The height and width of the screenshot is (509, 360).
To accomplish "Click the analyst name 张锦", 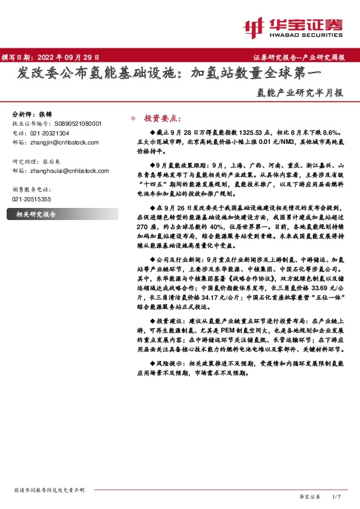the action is click(x=45, y=114).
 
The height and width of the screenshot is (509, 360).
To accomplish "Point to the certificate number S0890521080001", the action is click(x=80, y=123).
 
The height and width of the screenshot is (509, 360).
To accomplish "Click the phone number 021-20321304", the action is click(x=49, y=133).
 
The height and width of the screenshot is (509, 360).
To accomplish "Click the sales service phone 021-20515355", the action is click(x=31, y=199).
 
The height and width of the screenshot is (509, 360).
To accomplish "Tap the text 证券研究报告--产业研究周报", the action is click(x=299, y=57).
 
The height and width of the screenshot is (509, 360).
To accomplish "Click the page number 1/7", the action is click(x=338, y=496).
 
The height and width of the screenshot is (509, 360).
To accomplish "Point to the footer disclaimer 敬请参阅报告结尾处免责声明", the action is click(x=49, y=489).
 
